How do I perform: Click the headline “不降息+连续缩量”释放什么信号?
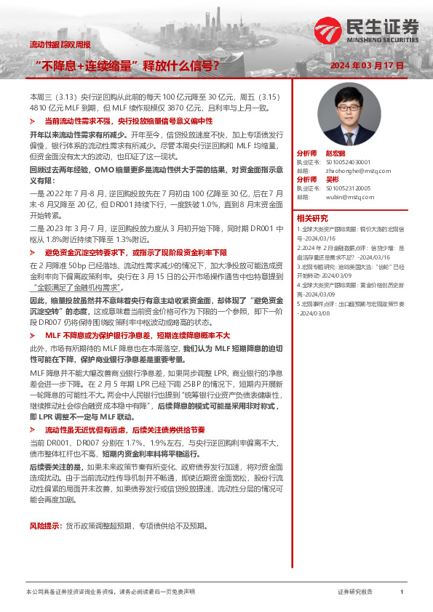128,65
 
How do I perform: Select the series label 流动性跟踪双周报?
60,44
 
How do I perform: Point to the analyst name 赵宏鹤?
334,154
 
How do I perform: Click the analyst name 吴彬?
331,179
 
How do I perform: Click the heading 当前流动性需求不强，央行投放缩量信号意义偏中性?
128,121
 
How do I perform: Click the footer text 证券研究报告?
355,592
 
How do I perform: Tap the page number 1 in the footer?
402,592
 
